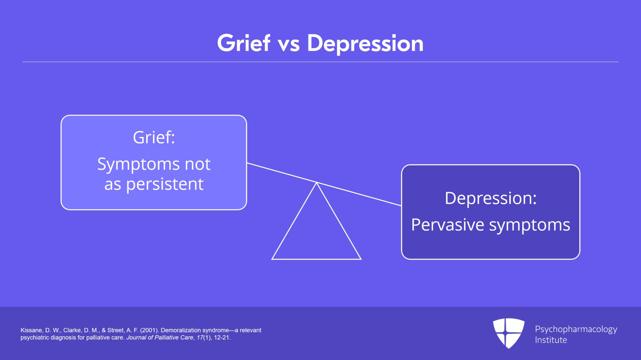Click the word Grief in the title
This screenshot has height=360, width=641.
click(244, 43)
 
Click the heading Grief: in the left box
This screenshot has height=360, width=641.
click(154, 137)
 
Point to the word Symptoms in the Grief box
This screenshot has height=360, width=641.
click(139, 165)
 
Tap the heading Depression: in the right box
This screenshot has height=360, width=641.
click(490, 198)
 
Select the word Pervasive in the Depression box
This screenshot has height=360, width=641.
click(448, 225)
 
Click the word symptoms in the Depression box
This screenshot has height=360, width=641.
click(529, 226)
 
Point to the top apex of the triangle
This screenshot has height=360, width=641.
click(316, 183)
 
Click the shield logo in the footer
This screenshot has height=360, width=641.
click(508, 333)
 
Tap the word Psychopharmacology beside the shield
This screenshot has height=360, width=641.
click(576, 330)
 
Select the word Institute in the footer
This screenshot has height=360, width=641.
click(551, 340)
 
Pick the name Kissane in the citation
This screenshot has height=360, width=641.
click(31, 330)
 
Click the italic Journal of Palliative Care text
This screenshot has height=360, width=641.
click(160, 338)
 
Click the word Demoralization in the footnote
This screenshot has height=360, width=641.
click(181, 330)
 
